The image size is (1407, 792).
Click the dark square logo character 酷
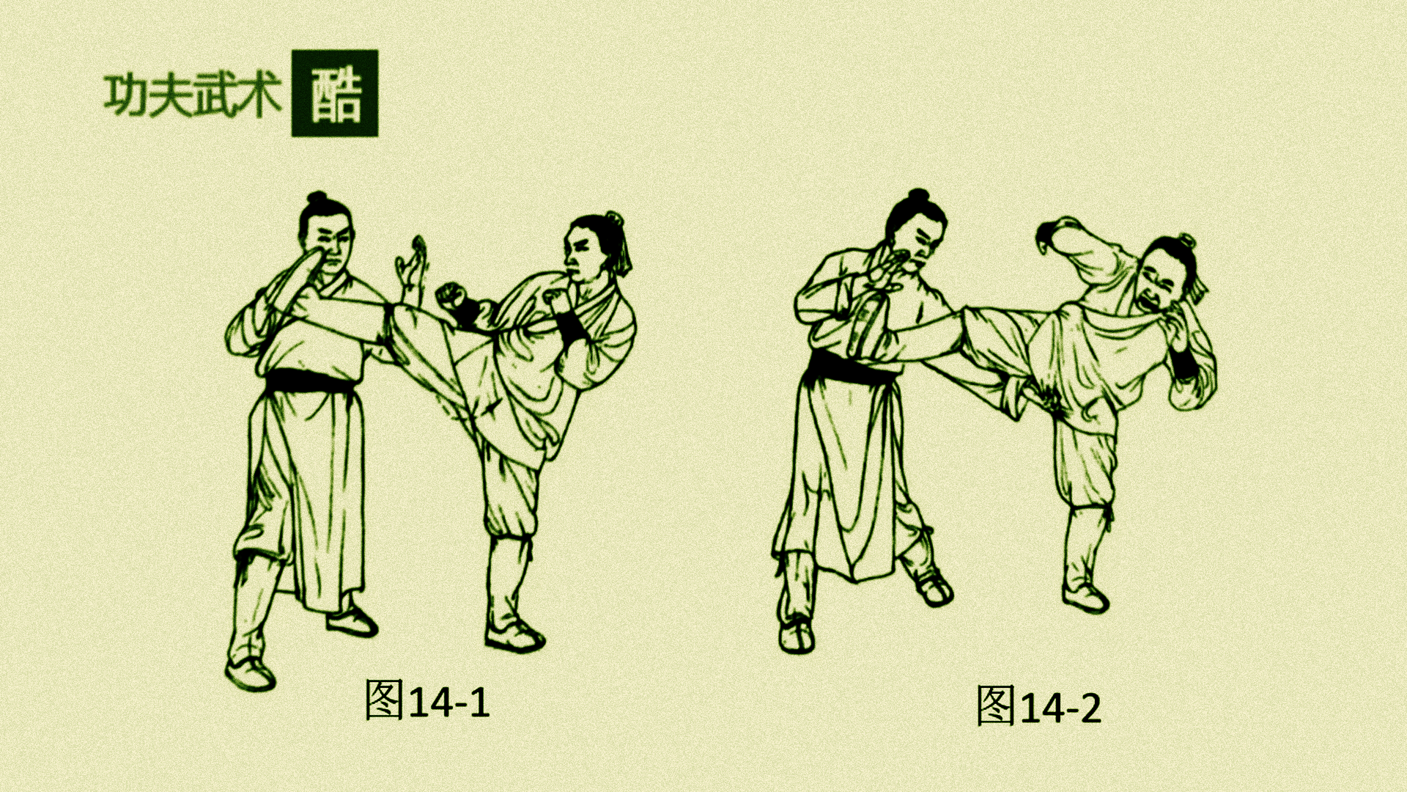pyautogui.click(x=335, y=93)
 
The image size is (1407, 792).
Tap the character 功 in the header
pyautogui.click(x=126, y=95)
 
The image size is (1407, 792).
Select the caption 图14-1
pyautogui.click(x=427, y=700)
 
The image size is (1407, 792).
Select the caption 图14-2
pyautogui.click(x=1038, y=706)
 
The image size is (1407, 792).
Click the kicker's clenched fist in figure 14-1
pyautogui.click(x=451, y=295)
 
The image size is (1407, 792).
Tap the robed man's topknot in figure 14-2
pyautogui.click(x=917, y=196)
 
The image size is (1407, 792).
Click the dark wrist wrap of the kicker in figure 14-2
pyautogui.click(x=1182, y=362)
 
